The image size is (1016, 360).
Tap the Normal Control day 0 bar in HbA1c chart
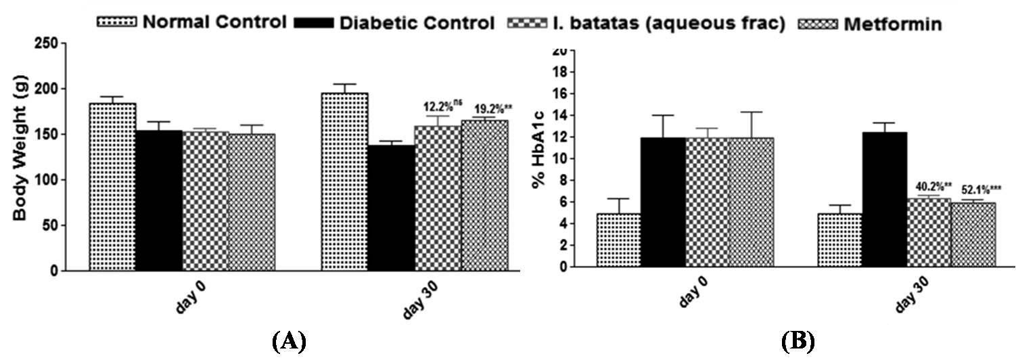[x=618, y=240]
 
